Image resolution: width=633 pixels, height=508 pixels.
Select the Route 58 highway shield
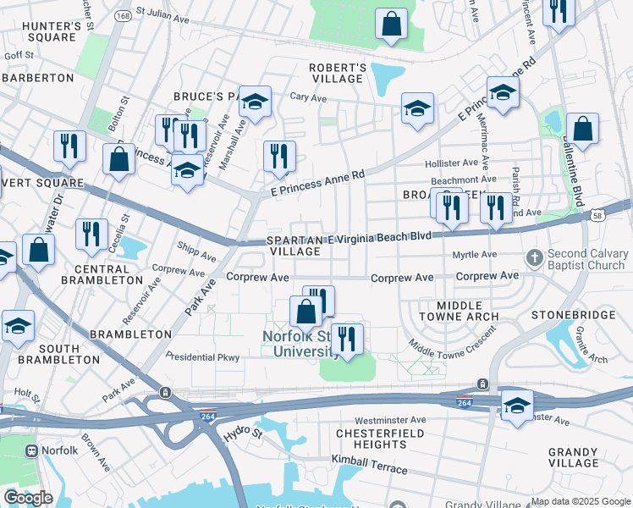coord(597,218)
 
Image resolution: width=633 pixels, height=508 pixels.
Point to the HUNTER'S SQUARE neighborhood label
coord(52,31)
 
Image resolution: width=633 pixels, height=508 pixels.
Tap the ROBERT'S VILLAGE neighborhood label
coord(337,74)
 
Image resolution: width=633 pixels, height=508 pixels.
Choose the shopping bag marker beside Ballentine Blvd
coord(582,130)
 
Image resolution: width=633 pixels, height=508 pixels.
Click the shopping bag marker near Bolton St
coord(119,160)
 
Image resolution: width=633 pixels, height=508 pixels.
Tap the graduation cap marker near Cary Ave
coord(254,102)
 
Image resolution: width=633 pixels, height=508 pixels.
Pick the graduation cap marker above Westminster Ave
coord(517,405)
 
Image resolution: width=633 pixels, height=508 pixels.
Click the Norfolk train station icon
coord(34,450)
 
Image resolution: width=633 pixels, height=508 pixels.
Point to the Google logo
coord(27,498)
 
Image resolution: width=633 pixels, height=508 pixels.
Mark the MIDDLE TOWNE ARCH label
coord(458,310)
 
